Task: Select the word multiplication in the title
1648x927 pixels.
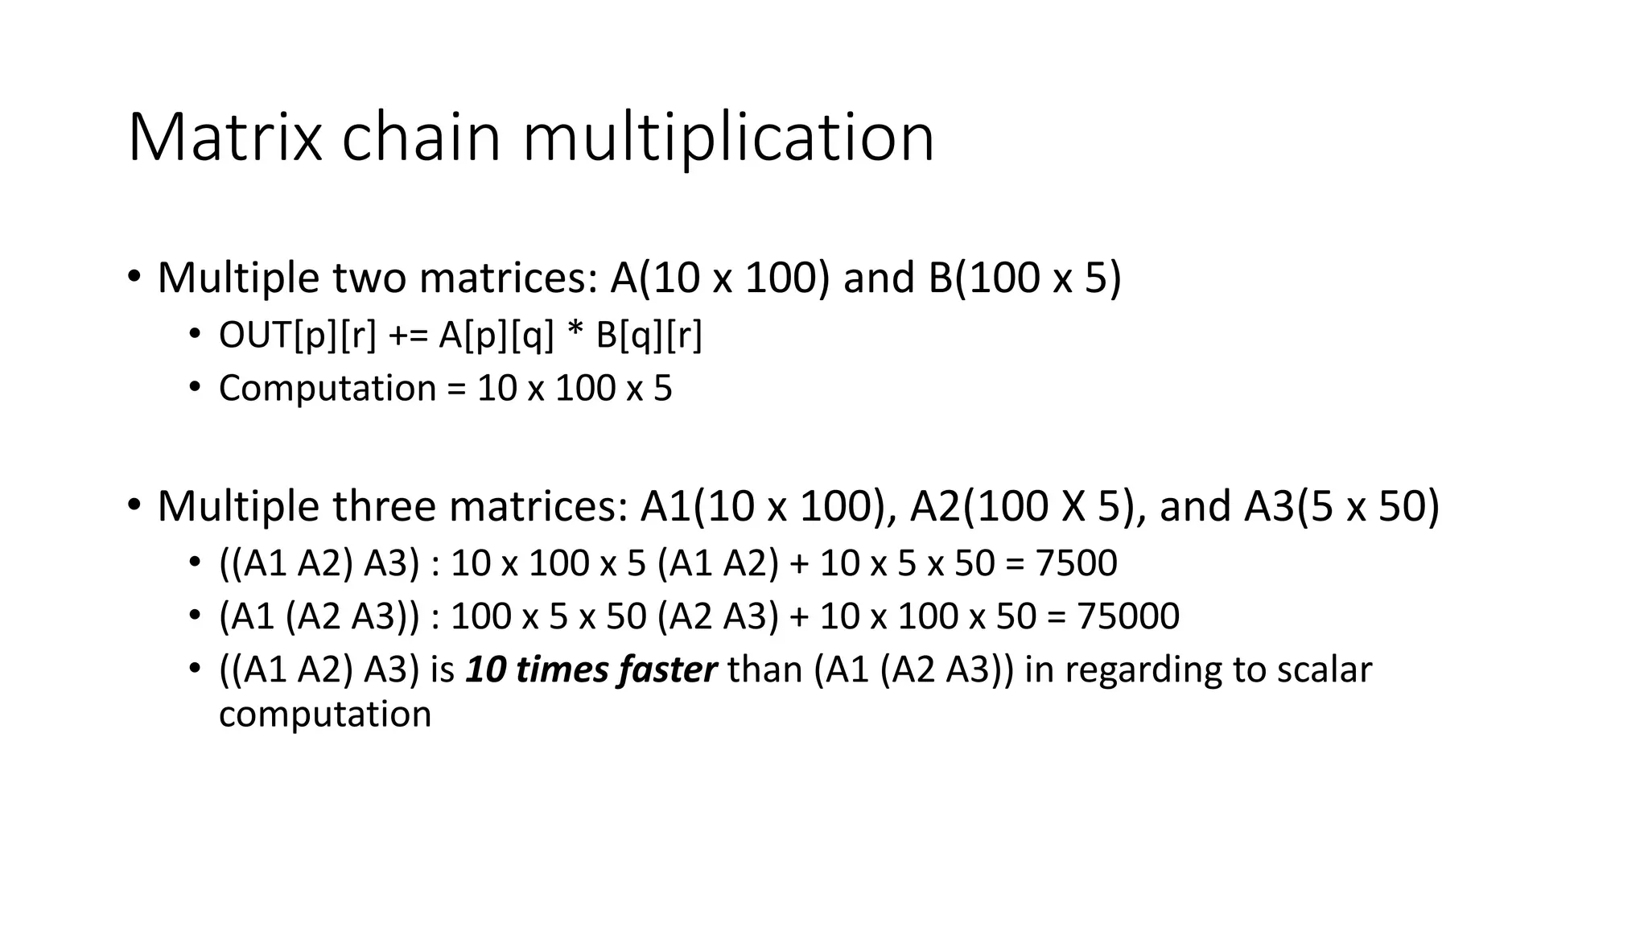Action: (x=728, y=138)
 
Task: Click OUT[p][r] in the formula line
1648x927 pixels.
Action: (x=297, y=336)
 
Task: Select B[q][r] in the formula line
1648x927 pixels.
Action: (x=649, y=336)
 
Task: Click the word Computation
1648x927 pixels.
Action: (x=328, y=389)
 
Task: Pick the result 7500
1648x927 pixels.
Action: (x=1076, y=563)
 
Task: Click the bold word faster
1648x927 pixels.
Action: (x=667, y=670)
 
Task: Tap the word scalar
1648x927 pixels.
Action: (x=1325, y=670)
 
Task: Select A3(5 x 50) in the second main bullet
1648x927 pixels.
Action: (x=1341, y=506)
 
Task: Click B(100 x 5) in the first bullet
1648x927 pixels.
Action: (x=1024, y=278)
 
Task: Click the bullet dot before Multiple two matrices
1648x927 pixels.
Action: (x=134, y=277)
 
